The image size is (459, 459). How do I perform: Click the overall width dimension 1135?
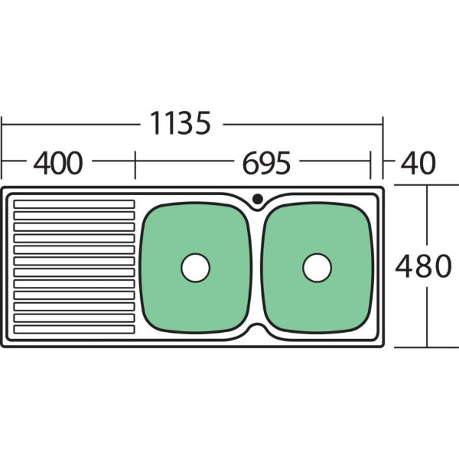coord(179,122)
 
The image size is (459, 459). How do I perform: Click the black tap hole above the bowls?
coord(257,199)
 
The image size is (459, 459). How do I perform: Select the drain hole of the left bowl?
coord(195,267)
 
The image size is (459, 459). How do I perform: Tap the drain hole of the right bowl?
coord(317,267)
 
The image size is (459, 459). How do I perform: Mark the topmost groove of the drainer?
coord(73,204)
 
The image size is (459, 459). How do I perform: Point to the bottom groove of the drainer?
coord(73,330)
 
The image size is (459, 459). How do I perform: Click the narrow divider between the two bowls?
coord(256,268)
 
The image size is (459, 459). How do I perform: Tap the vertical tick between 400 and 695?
coord(135,163)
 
